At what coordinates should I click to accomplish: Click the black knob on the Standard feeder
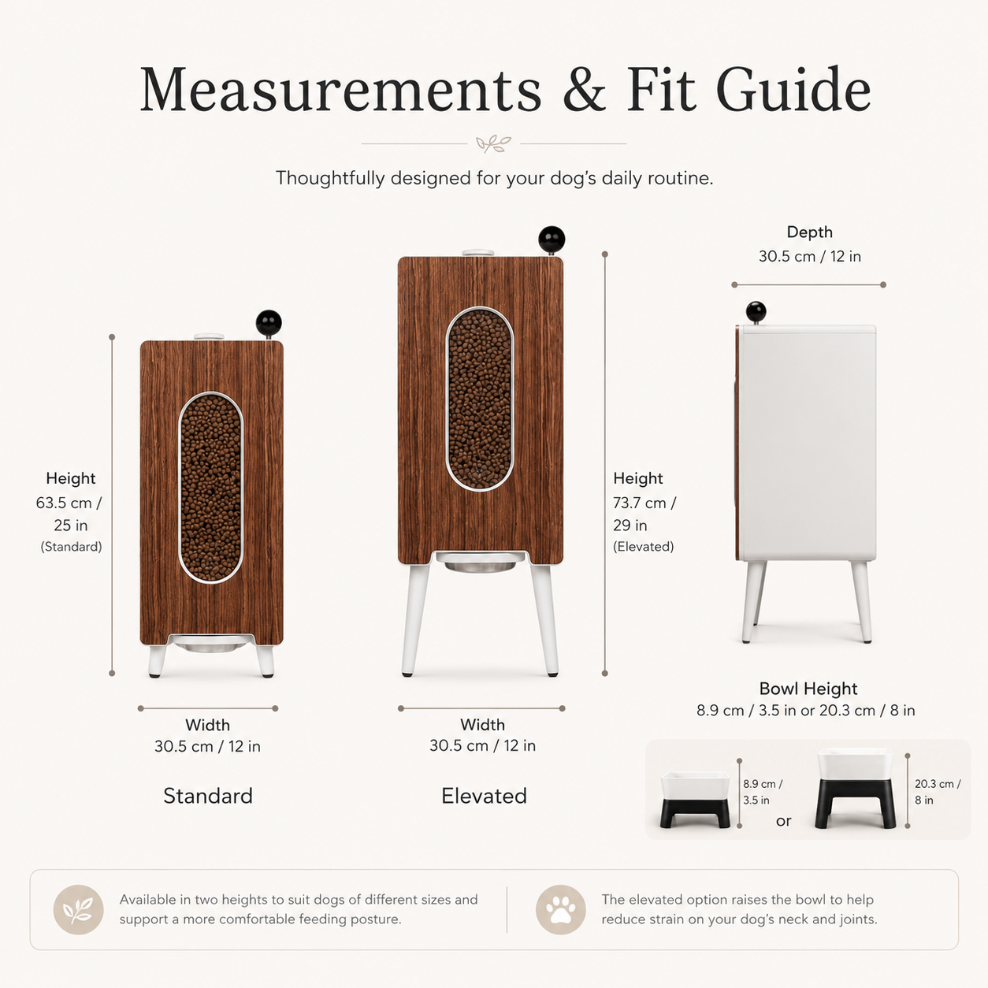click(269, 322)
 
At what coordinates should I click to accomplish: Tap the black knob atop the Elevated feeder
click(552, 239)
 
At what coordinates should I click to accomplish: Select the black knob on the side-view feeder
click(756, 312)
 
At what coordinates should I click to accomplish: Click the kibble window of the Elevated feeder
click(480, 399)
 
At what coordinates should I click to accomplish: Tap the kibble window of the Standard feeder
click(210, 488)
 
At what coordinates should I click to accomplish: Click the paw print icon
click(560, 909)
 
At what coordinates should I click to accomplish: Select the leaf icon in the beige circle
click(79, 909)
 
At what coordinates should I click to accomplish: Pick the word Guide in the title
click(793, 87)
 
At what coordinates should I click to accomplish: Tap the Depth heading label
click(810, 232)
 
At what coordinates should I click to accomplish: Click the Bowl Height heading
click(808, 688)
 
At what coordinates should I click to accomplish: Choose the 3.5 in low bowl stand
click(695, 800)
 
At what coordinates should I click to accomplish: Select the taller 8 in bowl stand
click(855, 788)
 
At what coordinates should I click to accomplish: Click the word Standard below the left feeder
click(208, 796)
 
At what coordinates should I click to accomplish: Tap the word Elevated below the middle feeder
click(484, 796)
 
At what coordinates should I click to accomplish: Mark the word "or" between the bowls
click(783, 821)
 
